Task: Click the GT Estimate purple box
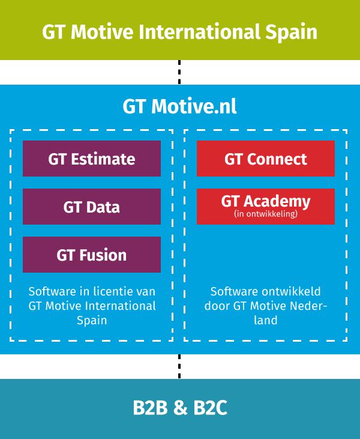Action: pos(92,159)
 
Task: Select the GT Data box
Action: pos(92,207)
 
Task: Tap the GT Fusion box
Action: pos(92,255)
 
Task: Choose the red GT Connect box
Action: pos(266,159)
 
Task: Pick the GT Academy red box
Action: pos(266,207)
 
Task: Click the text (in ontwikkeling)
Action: pos(266,214)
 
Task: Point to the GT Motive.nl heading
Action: pos(180,106)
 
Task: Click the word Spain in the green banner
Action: pos(291,32)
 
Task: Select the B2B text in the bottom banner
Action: pos(150,408)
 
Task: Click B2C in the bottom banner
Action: pos(211,408)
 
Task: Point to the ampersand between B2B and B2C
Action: pos(181,408)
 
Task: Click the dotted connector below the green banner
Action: pos(179,72)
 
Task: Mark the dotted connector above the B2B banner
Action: pos(179,366)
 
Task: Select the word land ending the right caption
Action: pos(266,320)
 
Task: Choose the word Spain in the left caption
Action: pos(92,321)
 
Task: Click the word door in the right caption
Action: pos(217,306)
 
